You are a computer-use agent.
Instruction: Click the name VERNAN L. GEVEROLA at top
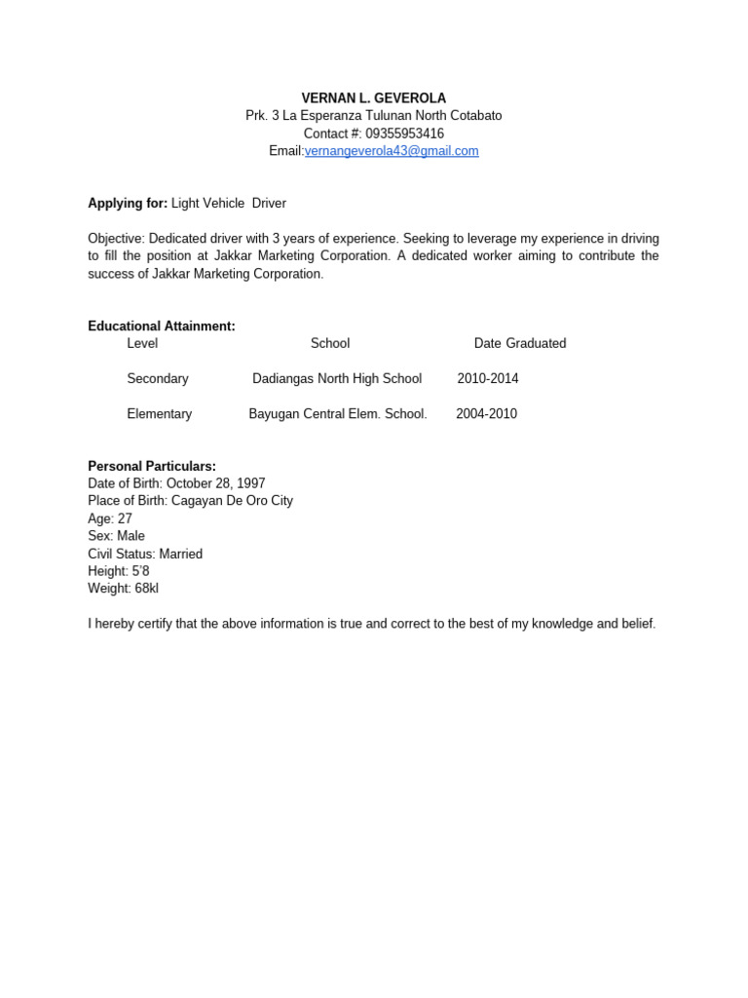coord(374,98)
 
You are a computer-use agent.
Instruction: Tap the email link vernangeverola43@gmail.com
coord(392,151)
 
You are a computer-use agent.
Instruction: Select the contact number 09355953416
coord(404,134)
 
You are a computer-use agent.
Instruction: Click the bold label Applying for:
coord(128,204)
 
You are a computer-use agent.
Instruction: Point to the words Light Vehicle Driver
coord(229,204)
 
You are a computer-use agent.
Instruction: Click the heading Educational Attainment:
coord(162,326)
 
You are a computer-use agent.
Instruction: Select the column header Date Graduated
coord(520,344)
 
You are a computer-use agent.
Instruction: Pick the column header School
coord(330,344)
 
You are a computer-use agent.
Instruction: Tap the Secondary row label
coord(158,379)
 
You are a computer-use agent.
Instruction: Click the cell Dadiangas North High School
coord(337,379)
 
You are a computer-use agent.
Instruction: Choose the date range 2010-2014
coord(488,379)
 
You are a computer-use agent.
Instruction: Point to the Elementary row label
coord(160,414)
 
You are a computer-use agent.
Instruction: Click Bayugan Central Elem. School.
coord(338,414)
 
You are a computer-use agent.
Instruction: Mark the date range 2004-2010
coord(486,414)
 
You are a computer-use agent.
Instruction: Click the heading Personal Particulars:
coord(152,467)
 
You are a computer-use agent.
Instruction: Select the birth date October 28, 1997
coord(215,484)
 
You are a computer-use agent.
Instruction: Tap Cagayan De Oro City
coord(232,502)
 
